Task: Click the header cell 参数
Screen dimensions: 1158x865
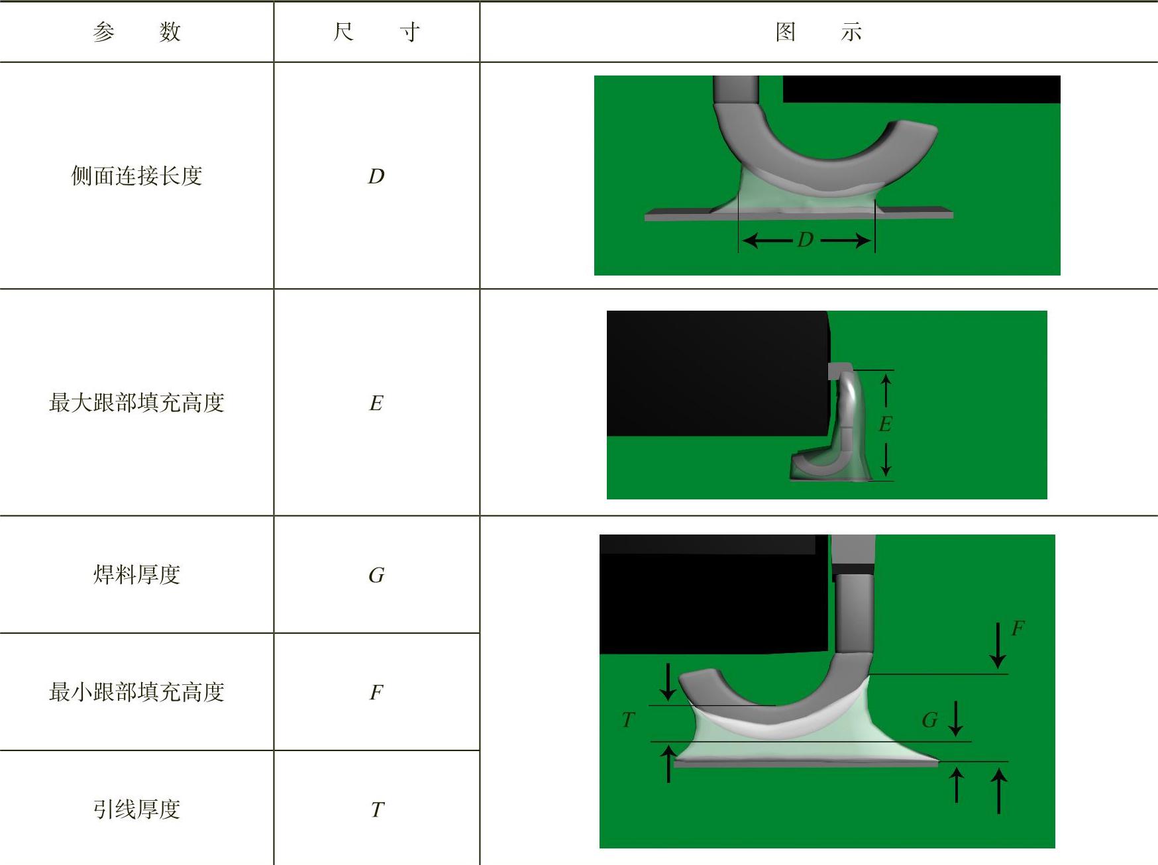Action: pyautogui.click(x=136, y=32)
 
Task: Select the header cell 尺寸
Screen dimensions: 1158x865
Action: pyautogui.click(x=376, y=32)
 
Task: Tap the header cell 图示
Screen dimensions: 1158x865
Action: pyautogui.click(x=819, y=32)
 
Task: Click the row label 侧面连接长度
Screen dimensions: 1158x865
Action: pyautogui.click(x=136, y=176)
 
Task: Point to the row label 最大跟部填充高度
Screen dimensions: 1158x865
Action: pyautogui.click(x=136, y=403)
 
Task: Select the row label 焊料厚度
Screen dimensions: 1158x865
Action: pyautogui.click(x=136, y=574)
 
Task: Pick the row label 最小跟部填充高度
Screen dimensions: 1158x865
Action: pyautogui.click(x=136, y=692)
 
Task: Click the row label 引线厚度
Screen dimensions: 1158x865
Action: pyautogui.click(x=136, y=809)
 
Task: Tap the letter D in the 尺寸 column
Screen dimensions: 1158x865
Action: pyautogui.click(x=376, y=176)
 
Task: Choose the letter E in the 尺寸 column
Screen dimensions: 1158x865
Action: pyautogui.click(x=376, y=403)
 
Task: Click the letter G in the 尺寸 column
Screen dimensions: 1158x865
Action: pyautogui.click(x=376, y=575)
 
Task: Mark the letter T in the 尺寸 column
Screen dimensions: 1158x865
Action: pyautogui.click(x=377, y=809)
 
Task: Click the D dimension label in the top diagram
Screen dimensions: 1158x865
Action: pyautogui.click(x=806, y=240)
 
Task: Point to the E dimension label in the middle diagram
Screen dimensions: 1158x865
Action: pyautogui.click(x=885, y=424)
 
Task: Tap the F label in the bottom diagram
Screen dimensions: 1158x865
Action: pyautogui.click(x=1018, y=629)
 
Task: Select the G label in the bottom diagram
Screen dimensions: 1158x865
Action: pyautogui.click(x=929, y=720)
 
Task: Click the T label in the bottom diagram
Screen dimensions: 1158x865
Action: pyautogui.click(x=628, y=719)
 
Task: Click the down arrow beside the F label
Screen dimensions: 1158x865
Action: pyautogui.click(x=998, y=645)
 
